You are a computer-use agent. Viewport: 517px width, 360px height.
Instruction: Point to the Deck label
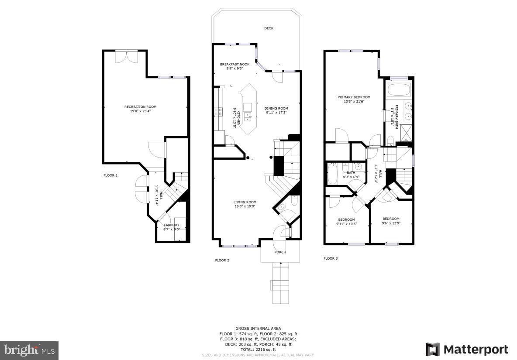[x=269, y=28]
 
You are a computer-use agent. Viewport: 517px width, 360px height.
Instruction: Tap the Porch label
[x=280, y=252]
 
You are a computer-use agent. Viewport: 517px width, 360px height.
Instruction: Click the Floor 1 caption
[x=110, y=175]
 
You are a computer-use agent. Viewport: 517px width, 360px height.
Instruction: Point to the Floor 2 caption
[x=222, y=261]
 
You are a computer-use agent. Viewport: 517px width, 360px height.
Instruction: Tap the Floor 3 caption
[x=331, y=258]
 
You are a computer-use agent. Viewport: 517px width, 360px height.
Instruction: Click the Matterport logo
[x=467, y=350]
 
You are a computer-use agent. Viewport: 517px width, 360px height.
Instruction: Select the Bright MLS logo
[x=29, y=350]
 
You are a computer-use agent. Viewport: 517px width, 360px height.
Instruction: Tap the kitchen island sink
[x=248, y=116]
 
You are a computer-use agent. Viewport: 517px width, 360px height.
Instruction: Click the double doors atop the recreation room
[x=127, y=57]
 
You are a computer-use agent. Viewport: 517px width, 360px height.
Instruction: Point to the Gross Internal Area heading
[x=258, y=328]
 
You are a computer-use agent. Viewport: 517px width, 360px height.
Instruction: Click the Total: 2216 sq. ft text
[x=258, y=350]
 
